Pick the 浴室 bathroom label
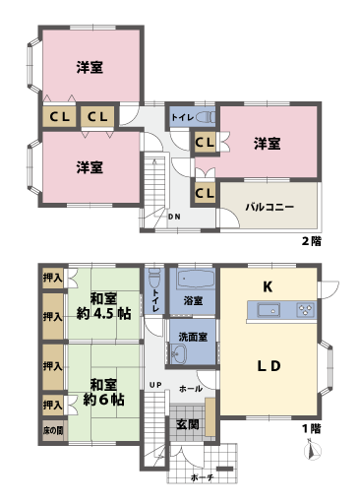coord(193,300)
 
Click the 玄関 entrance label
coord(188,424)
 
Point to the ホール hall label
coord(191,389)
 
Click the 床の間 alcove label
coord(52,430)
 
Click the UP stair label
coord(155,383)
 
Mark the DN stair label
coord(173,217)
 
